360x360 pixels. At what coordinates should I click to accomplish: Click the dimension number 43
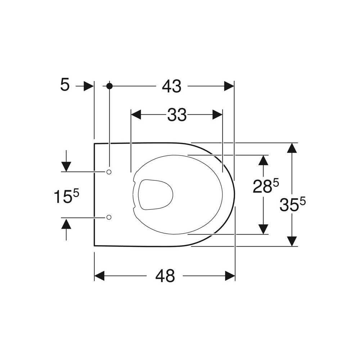pos(172,86)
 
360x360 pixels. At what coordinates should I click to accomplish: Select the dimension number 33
pos(177,115)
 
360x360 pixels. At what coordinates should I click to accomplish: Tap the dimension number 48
pos(165,276)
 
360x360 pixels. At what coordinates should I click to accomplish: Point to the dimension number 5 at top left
pos(65,85)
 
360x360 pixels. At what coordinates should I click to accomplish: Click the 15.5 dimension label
pos(66,196)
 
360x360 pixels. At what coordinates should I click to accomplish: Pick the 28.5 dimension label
pos(266,186)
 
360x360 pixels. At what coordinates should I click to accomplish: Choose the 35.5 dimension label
pos(292,204)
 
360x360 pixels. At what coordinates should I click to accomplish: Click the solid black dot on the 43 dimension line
pos(109,86)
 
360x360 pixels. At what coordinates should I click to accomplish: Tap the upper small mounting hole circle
pos(109,172)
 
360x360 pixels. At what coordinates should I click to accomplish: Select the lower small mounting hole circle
pos(109,217)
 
